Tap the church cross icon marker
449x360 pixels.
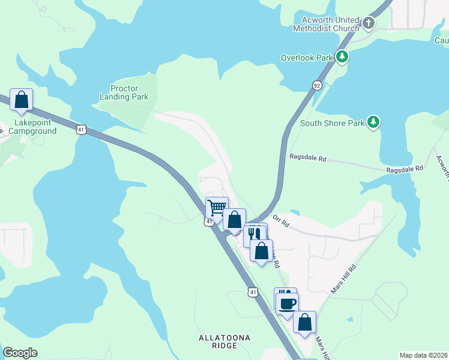(x=369, y=24)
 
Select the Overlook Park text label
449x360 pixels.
(x=307, y=58)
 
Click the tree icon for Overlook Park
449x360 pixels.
(x=342, y=57)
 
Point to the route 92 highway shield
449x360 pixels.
(x=317, y=86)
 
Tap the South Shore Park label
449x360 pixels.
(x=332, y=123)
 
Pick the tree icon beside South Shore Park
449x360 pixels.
(x=373, y=122)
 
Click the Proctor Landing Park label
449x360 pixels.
(x=125, y=92)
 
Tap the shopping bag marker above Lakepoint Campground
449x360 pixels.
(x=21, y=100)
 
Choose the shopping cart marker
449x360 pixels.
(x=217, y=208)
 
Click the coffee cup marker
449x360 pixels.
(x=286, y=302)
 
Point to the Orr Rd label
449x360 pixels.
(x=281, y=221)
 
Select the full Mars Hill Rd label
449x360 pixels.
(x=343, y=279)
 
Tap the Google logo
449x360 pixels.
(x=20, y=353)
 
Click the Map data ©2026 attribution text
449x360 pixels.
(x=423, y=355)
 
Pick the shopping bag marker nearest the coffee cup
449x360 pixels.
(x=305, y=322)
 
